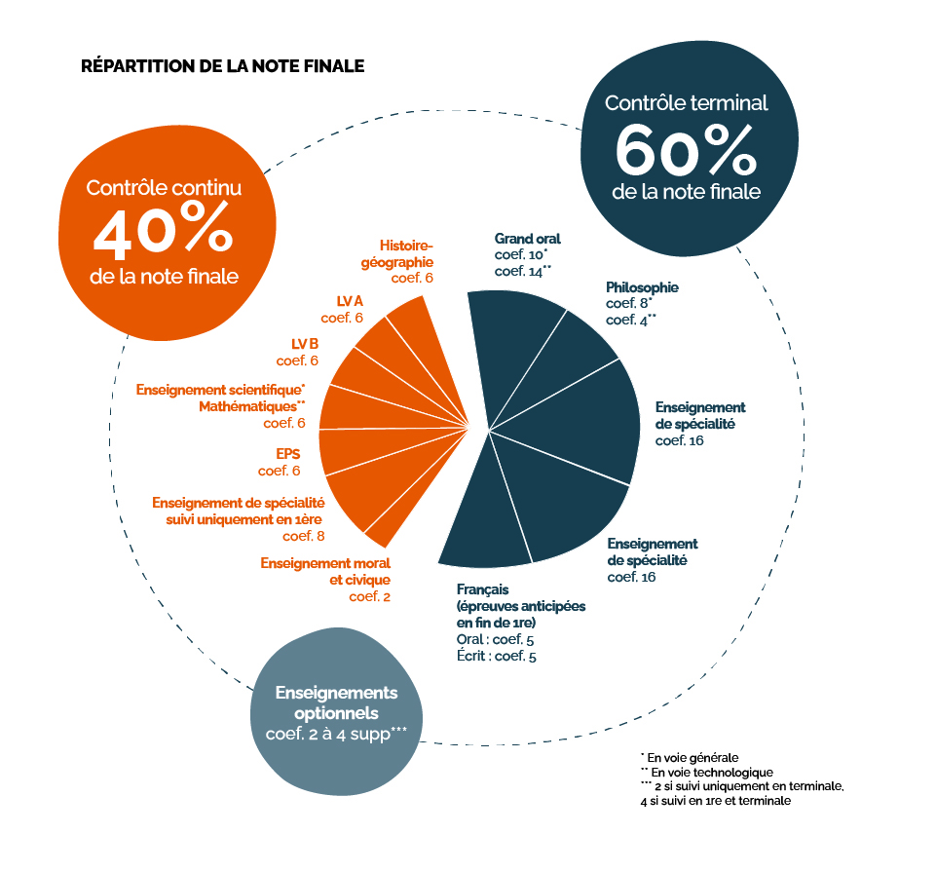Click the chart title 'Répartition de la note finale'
(223, 65)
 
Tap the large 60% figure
(686, 150)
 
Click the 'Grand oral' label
(528, 239)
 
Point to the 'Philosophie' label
(642, 287)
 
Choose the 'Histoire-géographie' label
(397, 254)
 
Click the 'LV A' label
(350, 300)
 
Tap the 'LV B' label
(305, 343)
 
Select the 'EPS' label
(287, 453)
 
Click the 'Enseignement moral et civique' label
(325, 571)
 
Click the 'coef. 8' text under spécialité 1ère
(303, 536)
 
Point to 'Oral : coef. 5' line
(496, 639)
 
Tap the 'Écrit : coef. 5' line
(497, 656)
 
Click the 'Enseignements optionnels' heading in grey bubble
(337, 702)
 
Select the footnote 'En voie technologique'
(707, 773)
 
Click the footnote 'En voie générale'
(690, 758)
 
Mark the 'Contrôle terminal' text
(687, 102)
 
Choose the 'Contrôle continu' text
(165, 187)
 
